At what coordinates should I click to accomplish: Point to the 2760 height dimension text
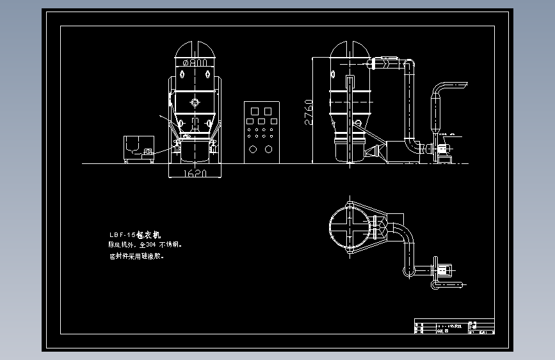(309, 113)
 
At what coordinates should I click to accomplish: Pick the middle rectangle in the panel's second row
(261, 121)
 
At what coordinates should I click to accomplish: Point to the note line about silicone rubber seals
(137, 256)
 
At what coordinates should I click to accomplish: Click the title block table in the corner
(454, 327)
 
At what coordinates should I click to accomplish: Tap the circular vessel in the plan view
(350, 227)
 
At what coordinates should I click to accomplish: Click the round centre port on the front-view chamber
(195, 102)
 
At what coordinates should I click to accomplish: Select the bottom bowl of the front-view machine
(195, 151)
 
